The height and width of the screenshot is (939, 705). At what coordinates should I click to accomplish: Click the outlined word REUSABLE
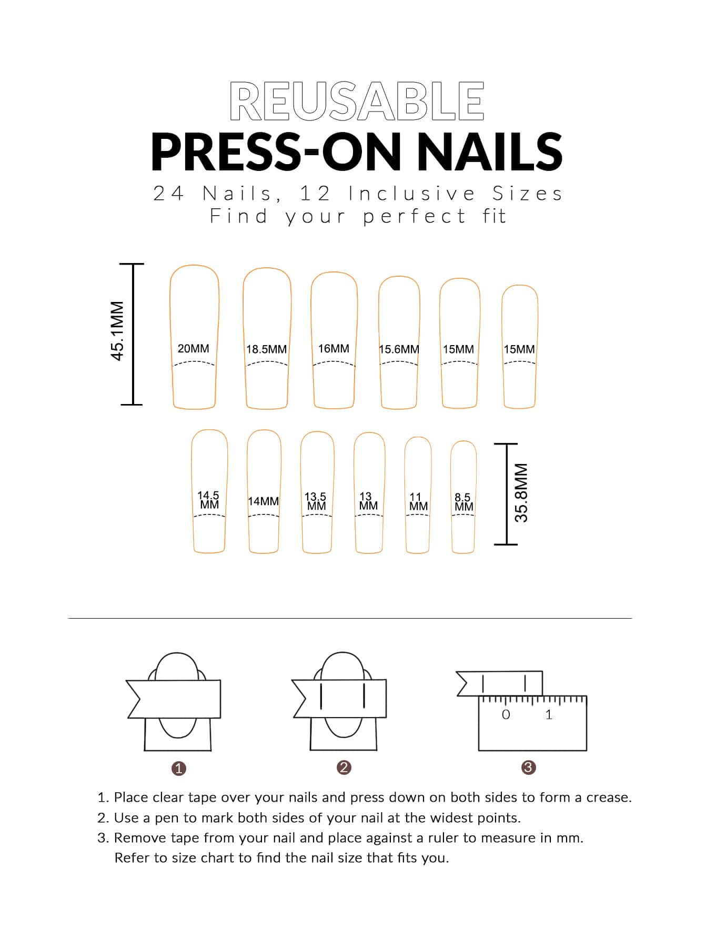point(357,100)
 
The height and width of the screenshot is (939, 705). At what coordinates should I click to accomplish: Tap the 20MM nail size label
point(193,348)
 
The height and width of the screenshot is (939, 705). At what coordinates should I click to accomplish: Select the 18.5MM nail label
point(266,349)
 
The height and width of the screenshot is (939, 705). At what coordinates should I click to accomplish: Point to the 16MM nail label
point(334,348)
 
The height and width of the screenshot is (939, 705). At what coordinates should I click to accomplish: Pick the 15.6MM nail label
point(399,349)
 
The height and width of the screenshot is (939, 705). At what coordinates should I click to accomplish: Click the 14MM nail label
point(263,501)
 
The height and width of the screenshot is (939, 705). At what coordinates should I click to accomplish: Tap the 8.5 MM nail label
point(464,502)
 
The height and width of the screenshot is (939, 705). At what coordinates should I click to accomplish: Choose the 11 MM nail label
point(418,501)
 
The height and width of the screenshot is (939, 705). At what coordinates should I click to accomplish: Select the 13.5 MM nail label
point(316,501)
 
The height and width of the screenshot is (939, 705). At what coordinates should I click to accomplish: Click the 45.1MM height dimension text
point(117,330)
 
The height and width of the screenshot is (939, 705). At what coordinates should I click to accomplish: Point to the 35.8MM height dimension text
point(521,492)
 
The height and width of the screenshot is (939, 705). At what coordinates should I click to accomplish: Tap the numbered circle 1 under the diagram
point(179,769)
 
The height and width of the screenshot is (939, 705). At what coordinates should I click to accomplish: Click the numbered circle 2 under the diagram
point(344,768)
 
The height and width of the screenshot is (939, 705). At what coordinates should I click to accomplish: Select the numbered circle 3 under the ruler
point(528,768)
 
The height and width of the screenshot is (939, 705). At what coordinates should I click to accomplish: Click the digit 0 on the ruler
point(506,714)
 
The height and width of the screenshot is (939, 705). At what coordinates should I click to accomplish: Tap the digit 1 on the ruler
point(549,714)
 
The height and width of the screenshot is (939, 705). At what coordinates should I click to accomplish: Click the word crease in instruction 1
point(609,797)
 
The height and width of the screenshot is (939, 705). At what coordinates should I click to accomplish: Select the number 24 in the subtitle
point(168,194)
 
